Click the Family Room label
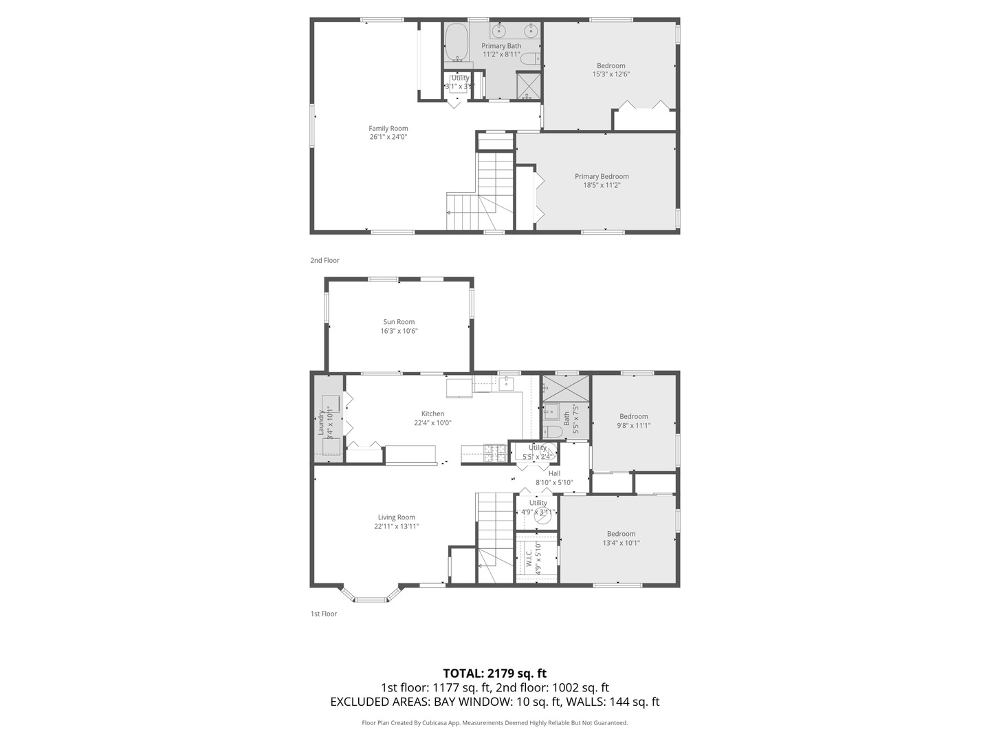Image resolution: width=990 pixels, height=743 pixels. [388, 128]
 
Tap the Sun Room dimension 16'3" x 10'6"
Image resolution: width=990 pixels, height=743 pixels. [399, 331]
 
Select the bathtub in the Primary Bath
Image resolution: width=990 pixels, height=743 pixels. [456, 43]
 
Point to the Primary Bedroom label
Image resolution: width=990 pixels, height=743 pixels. [602, 176]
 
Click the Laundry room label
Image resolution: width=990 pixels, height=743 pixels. [321, 422]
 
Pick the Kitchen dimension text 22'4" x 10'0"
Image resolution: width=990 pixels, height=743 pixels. [432, 423]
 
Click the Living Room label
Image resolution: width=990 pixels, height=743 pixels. [396, 517]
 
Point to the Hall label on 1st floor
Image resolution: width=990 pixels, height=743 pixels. [554, 473]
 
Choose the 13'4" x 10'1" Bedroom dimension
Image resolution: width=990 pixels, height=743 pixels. [621, 543]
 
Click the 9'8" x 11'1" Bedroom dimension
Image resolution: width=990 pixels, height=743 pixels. [633, 425]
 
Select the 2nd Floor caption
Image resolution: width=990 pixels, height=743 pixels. [324, 261]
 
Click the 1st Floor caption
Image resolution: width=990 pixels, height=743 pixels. [323, 614]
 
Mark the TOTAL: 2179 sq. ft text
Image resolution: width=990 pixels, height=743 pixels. [494, 673]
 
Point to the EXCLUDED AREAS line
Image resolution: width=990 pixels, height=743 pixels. [494, 702]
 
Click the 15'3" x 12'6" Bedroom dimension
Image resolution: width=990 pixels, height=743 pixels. [610, 74]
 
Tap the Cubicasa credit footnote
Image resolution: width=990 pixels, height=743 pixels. [494, 723]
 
